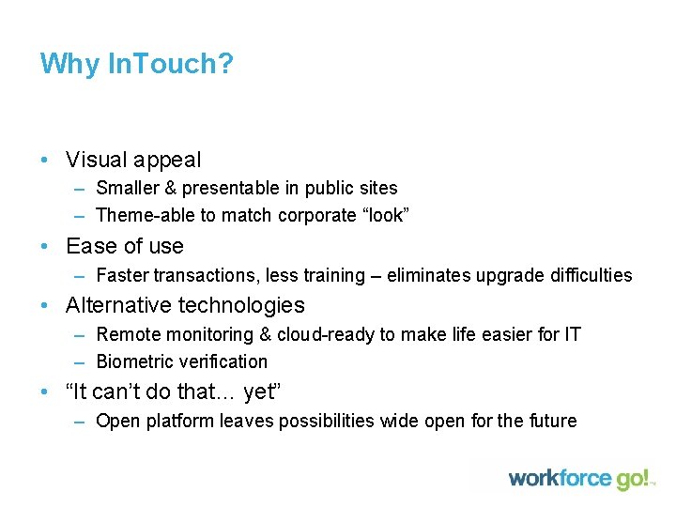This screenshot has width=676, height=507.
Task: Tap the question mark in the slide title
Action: [225, 65]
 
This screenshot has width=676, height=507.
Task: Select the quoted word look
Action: [386, 215]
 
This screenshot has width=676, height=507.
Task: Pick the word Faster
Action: [123, 275]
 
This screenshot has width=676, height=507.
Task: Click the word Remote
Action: [128, 334]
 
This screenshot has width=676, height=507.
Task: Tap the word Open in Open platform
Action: [117, 421]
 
